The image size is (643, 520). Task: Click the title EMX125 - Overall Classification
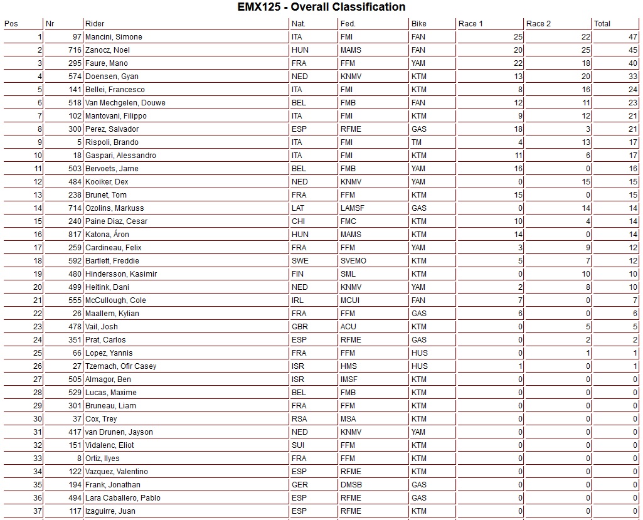[321, 8]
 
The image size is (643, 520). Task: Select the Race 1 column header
[471, 24]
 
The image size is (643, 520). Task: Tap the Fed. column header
[348, 24]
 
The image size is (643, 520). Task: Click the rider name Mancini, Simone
[114, 37]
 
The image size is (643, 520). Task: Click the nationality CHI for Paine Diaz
[297, 221]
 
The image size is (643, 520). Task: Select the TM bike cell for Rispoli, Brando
[416, 142]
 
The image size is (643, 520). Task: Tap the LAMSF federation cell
[352, 208]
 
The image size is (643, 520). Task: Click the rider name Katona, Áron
[107, 235]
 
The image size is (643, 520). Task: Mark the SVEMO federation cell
[353, 261]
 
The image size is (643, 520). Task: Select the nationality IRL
[297, 300]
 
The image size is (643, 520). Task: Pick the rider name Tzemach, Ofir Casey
[121, 366]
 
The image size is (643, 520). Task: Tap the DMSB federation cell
[351, 485]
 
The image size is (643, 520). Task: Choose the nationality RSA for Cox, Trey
[299, 419]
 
